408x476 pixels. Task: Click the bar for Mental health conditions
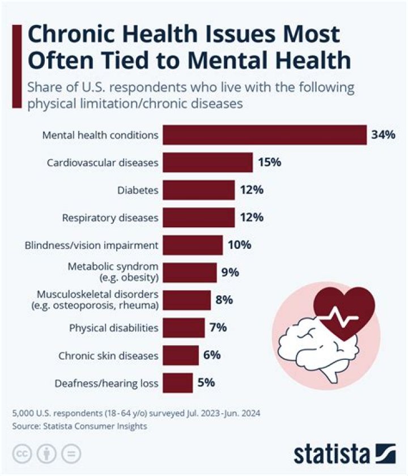click(265, 135)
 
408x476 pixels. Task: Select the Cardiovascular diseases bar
click(207, 163)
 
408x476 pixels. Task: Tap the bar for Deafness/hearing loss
click(177, 382)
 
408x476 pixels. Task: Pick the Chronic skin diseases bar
click(180, 355)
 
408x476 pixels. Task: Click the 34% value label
click(383, 135)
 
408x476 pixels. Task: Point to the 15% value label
click(269, 163)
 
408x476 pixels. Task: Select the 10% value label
click(239, 245)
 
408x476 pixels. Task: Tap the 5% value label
click(206, 382)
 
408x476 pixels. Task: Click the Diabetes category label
click(138, 190)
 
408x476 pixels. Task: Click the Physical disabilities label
click(113, 328)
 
